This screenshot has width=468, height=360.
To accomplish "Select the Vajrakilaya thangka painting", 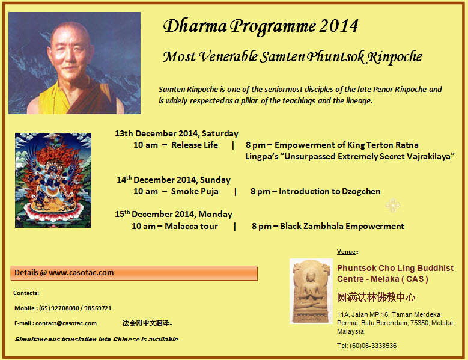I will [53, 180].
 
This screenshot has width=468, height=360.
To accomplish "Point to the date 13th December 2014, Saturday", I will [177, 133].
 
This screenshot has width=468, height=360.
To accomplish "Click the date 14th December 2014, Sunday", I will [174, 180].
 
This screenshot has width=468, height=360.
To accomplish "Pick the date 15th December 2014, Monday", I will [174, 214].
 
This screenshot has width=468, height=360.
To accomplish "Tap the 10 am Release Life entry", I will [175, 145].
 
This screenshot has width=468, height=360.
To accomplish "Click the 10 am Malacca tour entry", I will [175, 227].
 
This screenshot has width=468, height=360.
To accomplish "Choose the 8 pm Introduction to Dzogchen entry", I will [315, 192].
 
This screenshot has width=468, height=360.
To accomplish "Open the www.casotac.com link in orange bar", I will [81, 273].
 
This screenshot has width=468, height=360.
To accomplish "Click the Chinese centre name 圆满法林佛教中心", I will [375, 297].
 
